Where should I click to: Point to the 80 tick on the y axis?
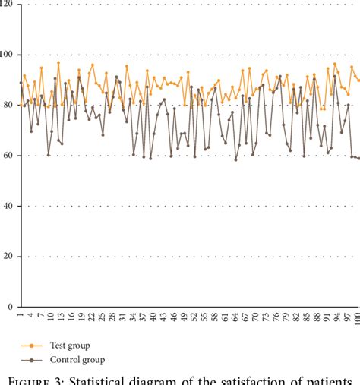[x=9, y=105]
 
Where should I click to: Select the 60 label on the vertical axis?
[x=9, y=156]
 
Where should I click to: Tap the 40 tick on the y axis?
[x=9, y=206]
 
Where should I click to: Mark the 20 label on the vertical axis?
[x=9, y=257]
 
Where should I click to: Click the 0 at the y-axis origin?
[x=11, y=307]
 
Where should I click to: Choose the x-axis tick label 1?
[x=21, y=314]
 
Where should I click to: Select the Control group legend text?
[x=77, y=360]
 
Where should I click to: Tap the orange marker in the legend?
[x=31, y=344]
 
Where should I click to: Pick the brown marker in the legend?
[x=31, y=361]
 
